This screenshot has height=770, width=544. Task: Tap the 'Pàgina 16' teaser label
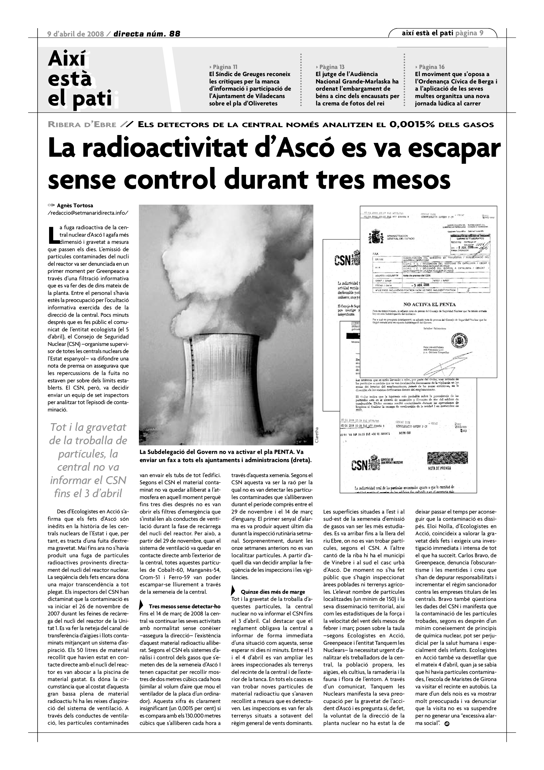pos(430,67)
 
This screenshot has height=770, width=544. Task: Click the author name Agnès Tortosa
pos(75,206)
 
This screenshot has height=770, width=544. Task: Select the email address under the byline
pos(88,213)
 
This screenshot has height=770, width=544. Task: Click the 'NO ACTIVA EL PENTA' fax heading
pos(429,305)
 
